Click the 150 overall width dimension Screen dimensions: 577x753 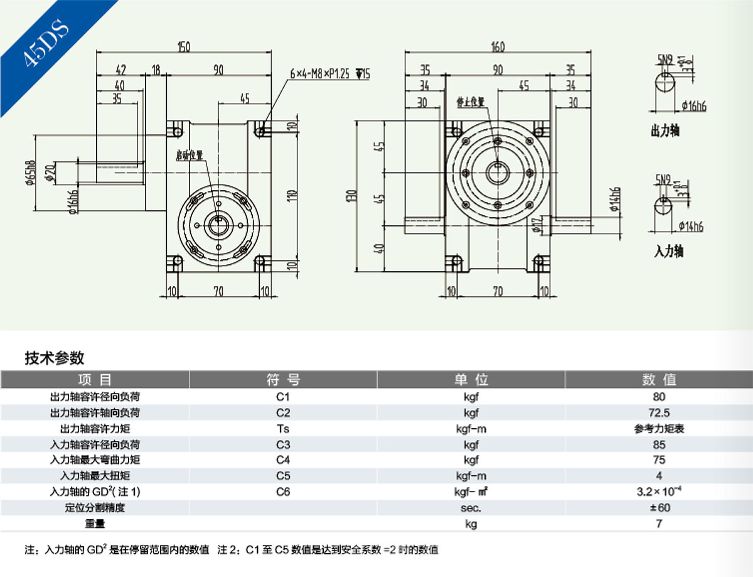point(183,47)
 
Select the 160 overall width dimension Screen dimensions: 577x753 point(498,47)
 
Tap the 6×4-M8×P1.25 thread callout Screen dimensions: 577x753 point(330,74)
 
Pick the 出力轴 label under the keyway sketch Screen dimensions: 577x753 point(665,131)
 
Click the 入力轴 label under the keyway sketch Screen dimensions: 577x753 point(668,252)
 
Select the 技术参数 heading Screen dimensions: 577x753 point(55,359)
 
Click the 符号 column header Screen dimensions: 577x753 point(283,380)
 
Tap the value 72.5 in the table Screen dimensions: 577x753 point(659,413)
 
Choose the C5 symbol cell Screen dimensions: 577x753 point(283,476)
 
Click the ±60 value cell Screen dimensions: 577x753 point(659,507)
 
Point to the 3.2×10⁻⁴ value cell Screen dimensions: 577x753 point(659,492)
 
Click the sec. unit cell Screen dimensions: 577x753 point(471,507)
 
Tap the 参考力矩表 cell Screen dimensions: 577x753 point(659,429)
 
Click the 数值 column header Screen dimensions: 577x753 point(659,380)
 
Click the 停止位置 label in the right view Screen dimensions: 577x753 point(471,100)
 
